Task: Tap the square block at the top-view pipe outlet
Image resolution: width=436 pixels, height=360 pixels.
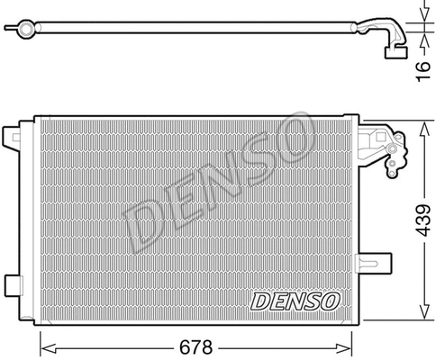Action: (394, 52)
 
